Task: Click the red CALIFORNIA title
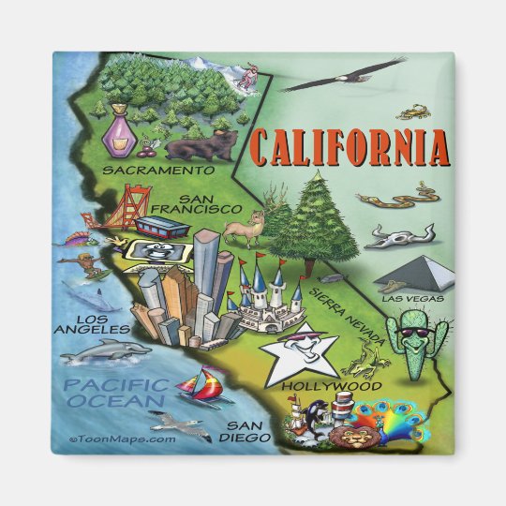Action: tap(347, 149)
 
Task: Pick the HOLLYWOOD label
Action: tap(318, 385)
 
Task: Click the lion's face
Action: tap(356, 437)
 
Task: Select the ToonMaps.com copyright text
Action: tap(122, 438)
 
